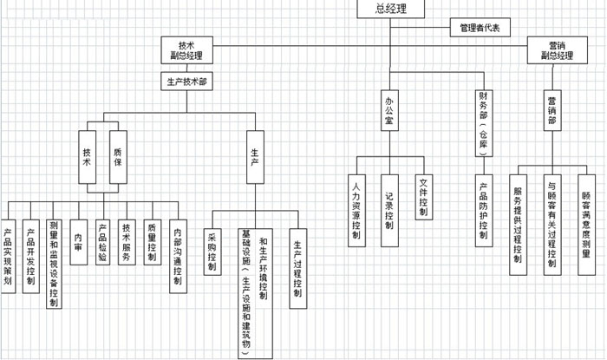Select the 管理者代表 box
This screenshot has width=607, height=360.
coord(479,28)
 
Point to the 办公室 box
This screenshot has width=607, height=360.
coord(390,112)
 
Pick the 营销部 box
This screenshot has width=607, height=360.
coord(552,112)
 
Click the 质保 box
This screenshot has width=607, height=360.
coord(117,155)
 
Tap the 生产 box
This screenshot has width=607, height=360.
coord(254,155)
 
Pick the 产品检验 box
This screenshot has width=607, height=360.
coord(102,239)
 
